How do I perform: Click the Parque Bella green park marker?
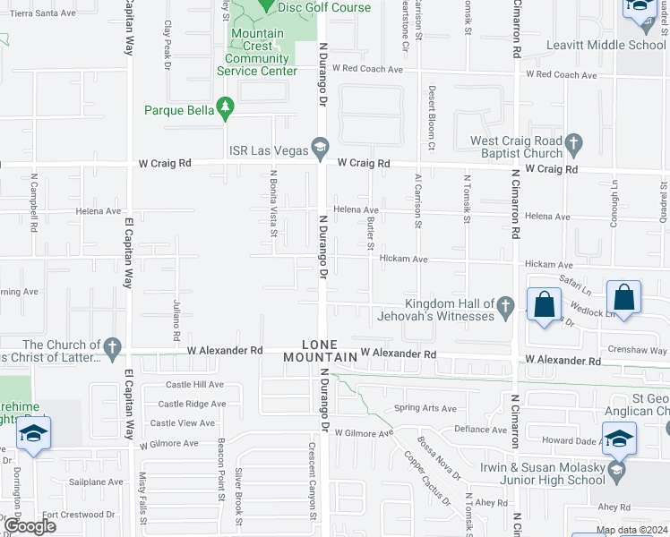(226, 109)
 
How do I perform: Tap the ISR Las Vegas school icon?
(319, 145)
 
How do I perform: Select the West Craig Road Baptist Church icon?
(574, 142)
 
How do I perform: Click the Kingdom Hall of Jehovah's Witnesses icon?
(505, 308)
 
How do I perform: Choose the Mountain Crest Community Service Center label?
(258, 53)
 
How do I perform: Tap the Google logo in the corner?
(30, 525)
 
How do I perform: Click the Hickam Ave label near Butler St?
(403, 260)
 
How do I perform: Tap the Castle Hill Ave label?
(194, 384)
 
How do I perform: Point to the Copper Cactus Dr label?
(425, 474)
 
